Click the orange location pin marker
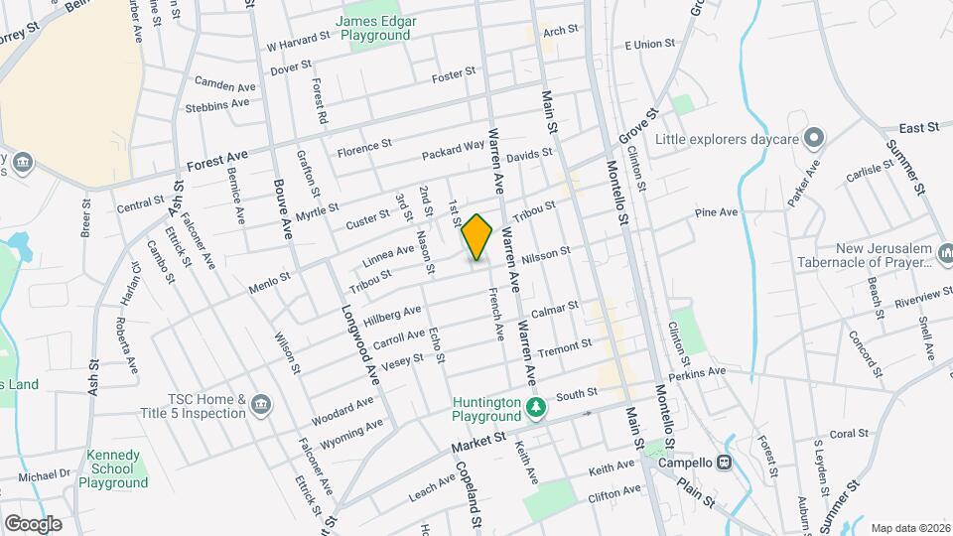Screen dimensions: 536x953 (476, 237)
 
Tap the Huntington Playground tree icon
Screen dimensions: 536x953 (536, 407)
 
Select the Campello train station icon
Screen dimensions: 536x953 (725, 463)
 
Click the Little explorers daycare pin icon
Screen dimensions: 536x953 (814, 137)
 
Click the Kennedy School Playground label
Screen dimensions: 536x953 (117, 469)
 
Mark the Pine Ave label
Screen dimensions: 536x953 (717, 212)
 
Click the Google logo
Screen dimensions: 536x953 (33, 523)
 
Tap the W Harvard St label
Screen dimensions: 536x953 (298, 41)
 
